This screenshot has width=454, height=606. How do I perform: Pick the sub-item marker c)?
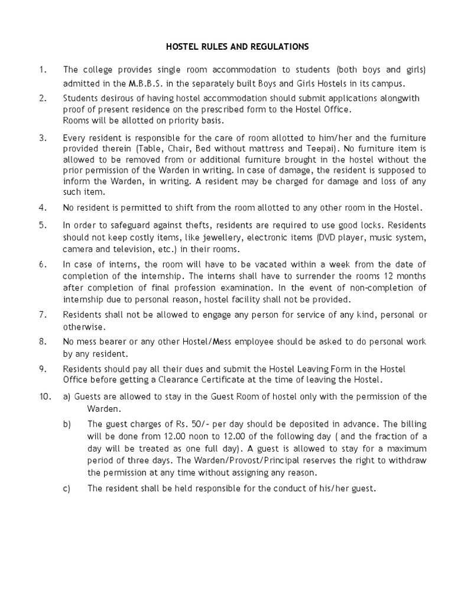point(67,489)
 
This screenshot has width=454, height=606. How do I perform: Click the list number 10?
point(45,397)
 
